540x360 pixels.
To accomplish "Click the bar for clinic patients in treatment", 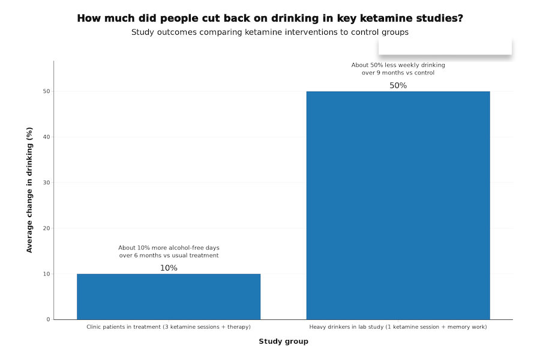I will [x=169, y=296].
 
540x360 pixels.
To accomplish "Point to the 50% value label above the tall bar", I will [x=398, y=86].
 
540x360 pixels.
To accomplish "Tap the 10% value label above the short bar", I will [x=169, y=268].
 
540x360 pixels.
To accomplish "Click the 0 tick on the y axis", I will [x=47, y=320].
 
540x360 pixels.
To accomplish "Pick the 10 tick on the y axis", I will [x=46, y=274].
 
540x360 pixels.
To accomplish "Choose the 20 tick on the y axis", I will [x=46, y=229].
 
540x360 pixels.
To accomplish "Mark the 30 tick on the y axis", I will [x=46, y=183].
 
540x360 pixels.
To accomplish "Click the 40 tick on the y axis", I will [x=46, y=137].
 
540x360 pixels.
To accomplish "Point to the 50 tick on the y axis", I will [x=46, y=92].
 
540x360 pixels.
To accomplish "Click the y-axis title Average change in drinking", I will [x=29, y=190].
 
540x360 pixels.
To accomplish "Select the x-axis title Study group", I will [x=283, y=341].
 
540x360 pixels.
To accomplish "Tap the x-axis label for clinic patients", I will [x=169, y=327].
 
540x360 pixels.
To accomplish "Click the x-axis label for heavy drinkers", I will [x=398, y=327].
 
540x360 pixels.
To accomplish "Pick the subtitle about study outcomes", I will [x=270, y=32].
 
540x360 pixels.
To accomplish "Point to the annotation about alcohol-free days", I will [x=169, y=251].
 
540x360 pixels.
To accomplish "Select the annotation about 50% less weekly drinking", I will [x=398, y=69].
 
